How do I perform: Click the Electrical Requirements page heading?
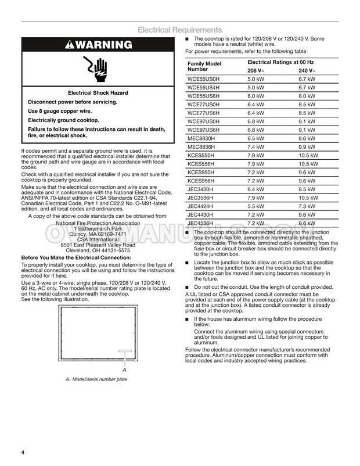[x=179, y=30]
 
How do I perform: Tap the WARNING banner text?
[x=98, y=45]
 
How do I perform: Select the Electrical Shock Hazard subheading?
[x=98, y=93]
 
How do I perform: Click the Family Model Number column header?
[x=204, y=66]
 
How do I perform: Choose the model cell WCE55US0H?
[x=204, y=78]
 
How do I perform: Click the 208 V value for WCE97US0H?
[x=255, y=121]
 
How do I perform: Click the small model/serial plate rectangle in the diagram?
[x=125, y=350]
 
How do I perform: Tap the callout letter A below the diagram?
[x=124, y=370]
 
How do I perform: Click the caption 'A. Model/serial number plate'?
[x=96, y=379]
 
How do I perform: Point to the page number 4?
[x=23, y=453]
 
